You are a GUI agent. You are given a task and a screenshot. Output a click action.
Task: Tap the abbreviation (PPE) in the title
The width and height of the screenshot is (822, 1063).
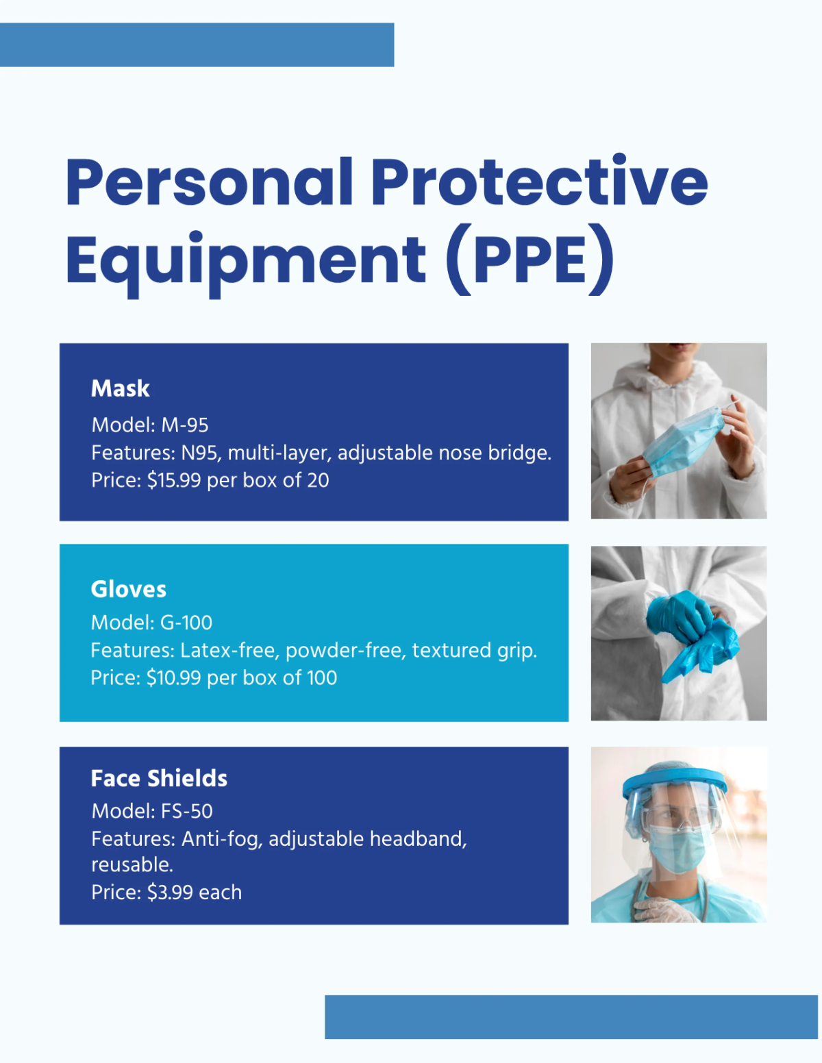coord(530,260)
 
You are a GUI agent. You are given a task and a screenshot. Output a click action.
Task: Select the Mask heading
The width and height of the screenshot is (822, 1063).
coord(121,388)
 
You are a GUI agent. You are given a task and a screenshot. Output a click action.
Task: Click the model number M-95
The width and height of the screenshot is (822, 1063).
coord(185,425)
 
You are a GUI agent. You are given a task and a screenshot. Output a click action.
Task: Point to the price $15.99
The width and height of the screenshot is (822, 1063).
coord(174,480)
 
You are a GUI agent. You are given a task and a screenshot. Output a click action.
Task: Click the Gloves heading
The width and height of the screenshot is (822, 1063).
coord(129,589)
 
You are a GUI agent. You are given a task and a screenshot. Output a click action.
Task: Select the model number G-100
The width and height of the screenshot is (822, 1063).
coord(186,623)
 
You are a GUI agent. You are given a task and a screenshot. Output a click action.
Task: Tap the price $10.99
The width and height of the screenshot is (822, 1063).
coord(173,678)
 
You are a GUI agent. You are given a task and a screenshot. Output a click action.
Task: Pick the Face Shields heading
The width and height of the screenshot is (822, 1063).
coord(159,778)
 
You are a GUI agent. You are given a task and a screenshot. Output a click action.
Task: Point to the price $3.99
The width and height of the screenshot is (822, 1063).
coord(170,892)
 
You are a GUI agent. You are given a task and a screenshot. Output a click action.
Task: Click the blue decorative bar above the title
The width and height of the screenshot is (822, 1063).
coord(197,45)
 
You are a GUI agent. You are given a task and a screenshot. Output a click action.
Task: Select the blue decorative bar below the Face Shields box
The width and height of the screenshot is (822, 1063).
coord(571,1016)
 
